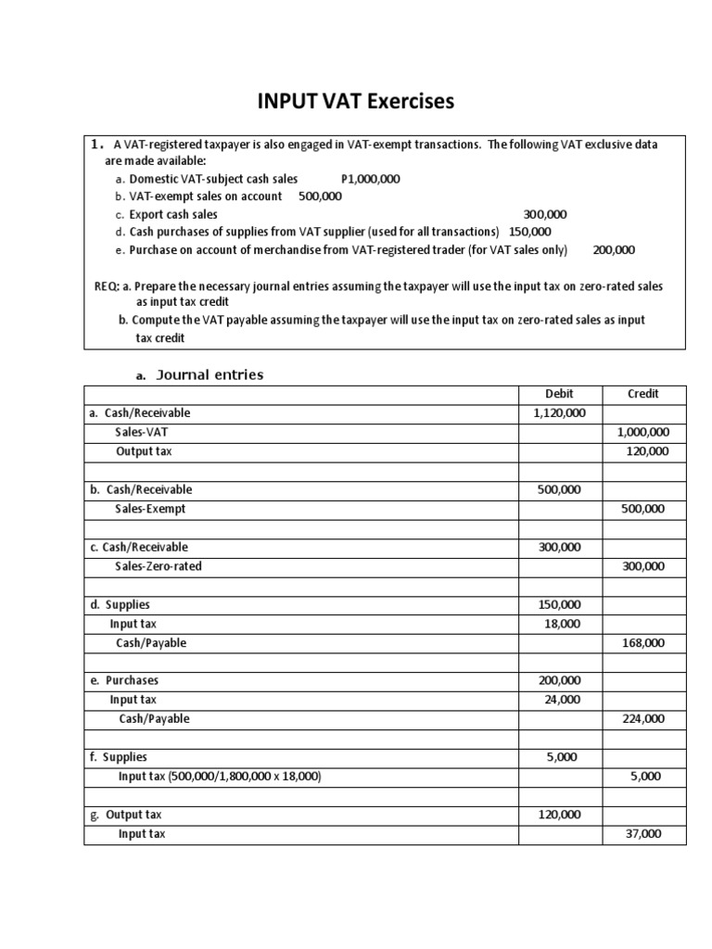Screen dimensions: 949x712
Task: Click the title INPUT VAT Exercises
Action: pos(355,101)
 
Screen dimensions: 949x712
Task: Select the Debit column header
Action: pos(559,394)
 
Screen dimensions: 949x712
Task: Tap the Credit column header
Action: pos(642,394)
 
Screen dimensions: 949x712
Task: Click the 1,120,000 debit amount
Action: pos(559,413)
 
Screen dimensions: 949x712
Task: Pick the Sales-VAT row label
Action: pos(142,432)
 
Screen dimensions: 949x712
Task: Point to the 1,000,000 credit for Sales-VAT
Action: pos(642,432)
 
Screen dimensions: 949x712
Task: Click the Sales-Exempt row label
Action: pos(150,509)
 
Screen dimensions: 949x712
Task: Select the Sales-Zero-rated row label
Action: pos(158,566)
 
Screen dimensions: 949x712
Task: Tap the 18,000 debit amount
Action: pos(559,624)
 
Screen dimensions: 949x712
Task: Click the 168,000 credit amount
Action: pos(642,642)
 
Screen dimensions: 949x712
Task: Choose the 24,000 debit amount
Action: pos(559,700)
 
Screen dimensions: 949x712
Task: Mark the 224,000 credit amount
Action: pos(642,718)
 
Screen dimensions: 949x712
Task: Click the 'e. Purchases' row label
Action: pos(124,680)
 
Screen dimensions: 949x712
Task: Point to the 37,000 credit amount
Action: pos(642,833)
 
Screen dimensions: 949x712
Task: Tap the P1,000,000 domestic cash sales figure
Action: pos(371,179)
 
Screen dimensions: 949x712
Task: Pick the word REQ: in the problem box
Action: pos(106,287)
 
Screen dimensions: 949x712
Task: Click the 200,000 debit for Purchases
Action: pos(559,680)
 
